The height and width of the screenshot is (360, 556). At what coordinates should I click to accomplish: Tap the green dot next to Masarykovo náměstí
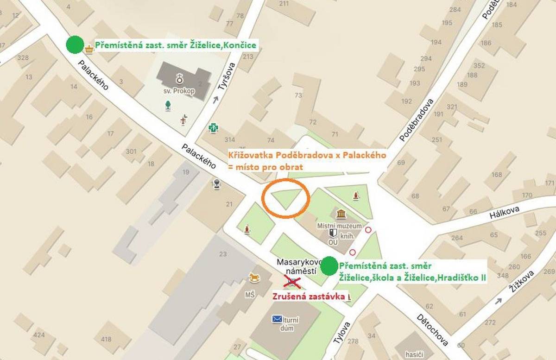[329, 266]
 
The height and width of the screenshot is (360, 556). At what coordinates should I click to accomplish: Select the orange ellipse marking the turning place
[285, 198]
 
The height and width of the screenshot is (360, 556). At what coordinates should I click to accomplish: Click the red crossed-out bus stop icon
[292, 281]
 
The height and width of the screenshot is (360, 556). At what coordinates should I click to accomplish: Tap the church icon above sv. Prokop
[179, 77]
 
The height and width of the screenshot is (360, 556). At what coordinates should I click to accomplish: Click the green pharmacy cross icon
[213, 127]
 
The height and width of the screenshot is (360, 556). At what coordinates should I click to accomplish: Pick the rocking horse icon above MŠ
[255, 278]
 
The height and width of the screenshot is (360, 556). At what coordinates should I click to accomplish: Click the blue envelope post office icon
[277, 319]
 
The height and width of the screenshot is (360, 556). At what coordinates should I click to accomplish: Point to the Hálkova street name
[505, 213]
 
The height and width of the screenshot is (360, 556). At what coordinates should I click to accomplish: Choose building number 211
[284, 4]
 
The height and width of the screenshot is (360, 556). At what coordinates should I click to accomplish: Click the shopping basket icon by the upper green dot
[89, 48]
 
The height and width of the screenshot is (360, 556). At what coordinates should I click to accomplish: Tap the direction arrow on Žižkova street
[498, 301]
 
